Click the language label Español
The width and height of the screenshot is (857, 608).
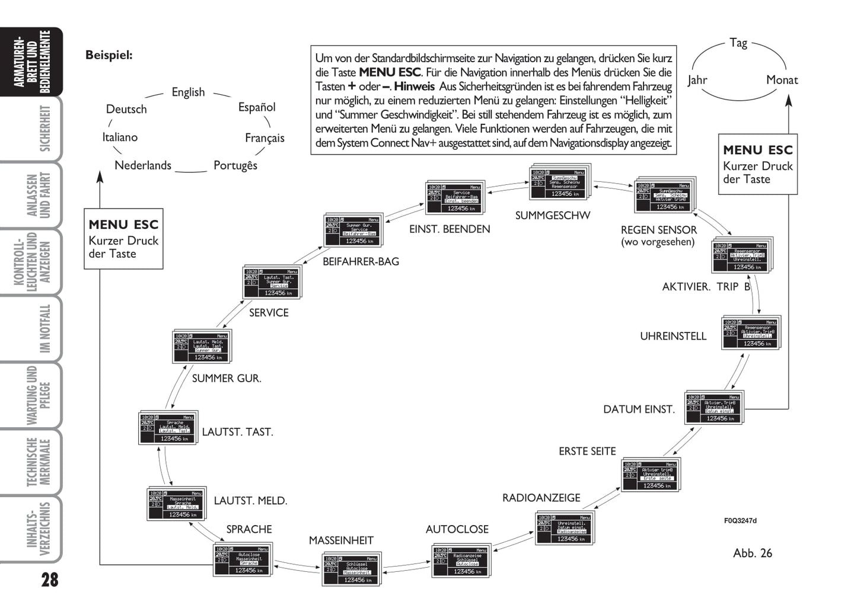pos(257,107)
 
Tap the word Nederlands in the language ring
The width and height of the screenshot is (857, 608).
pos(142,165)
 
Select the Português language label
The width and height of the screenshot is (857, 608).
pos(235,165)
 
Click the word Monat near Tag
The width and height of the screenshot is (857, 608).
pos(782,80)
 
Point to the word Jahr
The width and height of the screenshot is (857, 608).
pos(697,80)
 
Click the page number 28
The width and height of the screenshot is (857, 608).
pos(50,579)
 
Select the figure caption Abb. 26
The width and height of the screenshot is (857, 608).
pos(752,553)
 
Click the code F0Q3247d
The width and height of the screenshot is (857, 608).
pos(740,521)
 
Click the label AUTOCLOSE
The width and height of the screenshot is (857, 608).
pos(457,529)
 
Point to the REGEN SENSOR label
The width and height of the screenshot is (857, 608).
pos(658,230)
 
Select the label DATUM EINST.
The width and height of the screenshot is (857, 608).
pos(639,409)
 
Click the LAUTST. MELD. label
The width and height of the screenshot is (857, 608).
pos(250,501)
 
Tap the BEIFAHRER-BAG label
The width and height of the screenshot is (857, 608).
pos(361,261)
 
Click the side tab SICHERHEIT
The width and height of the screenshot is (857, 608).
pos(45,129)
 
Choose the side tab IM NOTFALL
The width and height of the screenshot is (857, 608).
pos(45,329)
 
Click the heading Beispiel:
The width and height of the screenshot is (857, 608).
pos(109,55)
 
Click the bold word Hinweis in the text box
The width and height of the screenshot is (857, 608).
pos(414,87)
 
